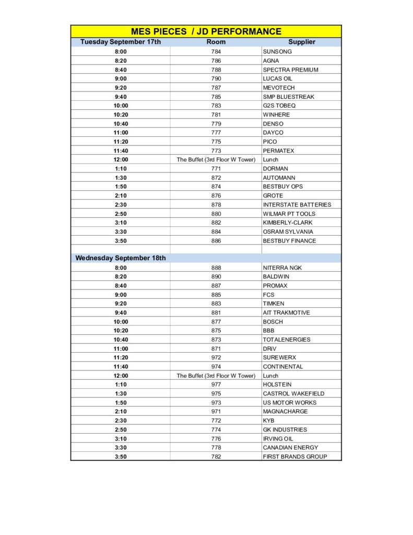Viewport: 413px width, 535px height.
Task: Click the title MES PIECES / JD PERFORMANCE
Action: [x=206, y=31]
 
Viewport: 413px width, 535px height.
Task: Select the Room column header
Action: [x=216, y=42]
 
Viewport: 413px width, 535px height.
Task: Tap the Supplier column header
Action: [x=301, y=42]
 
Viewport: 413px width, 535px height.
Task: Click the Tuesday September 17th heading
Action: [x=121, y=42]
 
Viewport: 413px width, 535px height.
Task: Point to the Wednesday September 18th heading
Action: [x=121, y=258]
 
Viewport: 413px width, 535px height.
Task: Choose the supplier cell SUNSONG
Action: [x=277, y=52]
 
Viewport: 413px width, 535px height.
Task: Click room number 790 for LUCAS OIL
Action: [x=216, y=79]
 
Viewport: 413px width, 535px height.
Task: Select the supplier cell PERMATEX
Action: [x=278, y=151]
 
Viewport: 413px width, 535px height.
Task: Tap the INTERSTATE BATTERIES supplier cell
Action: [x=297, y=205]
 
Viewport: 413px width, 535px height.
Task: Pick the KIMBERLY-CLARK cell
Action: [x=287, y=223]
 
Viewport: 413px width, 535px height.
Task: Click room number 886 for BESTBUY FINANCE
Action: [x=216, y=241]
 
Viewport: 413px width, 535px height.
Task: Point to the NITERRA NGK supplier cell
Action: [x=282, y=268]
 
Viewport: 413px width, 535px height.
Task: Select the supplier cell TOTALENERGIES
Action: [x=286, y=340]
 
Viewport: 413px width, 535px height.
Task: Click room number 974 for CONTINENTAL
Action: [x=216, y=367]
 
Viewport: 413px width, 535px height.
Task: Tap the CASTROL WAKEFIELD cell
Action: [x=293, y=393]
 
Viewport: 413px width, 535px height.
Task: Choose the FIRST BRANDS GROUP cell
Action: [x=294, y=457]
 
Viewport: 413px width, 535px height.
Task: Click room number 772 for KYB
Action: [x=216, y=421]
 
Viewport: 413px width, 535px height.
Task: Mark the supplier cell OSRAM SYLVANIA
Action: [x=288, y=232]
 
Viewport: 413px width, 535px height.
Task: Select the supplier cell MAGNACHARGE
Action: [x=285, y=412]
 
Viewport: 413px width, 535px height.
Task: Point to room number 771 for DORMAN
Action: [x=216, y=169]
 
